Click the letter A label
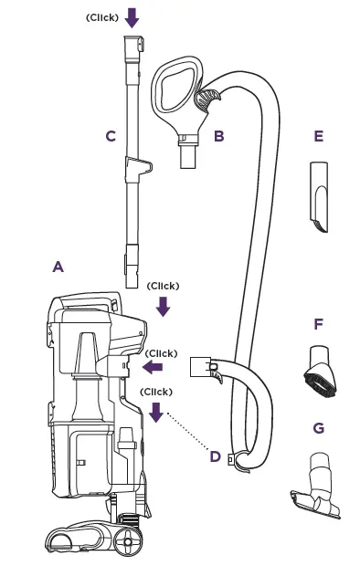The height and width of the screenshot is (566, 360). tap(58, 267)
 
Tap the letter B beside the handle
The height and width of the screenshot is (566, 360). tap(218, 137)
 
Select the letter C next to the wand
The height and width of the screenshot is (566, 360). tap(111, 137)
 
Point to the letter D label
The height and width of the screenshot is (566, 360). tap(215, 456)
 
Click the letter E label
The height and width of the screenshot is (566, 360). tap(318, 137)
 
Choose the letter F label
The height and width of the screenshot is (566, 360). tap(318, 324)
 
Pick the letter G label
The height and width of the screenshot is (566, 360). tap(318, 427)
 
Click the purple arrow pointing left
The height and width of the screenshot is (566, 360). tap(152, 367)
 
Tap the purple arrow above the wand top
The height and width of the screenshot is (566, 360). tap(132, 17)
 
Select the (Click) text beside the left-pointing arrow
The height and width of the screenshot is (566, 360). tap(161, 352)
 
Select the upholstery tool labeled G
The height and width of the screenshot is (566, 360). tap(316, 479)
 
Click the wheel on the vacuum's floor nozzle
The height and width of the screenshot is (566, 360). tap(125, 540)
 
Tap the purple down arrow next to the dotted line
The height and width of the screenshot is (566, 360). tap(155, 412)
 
